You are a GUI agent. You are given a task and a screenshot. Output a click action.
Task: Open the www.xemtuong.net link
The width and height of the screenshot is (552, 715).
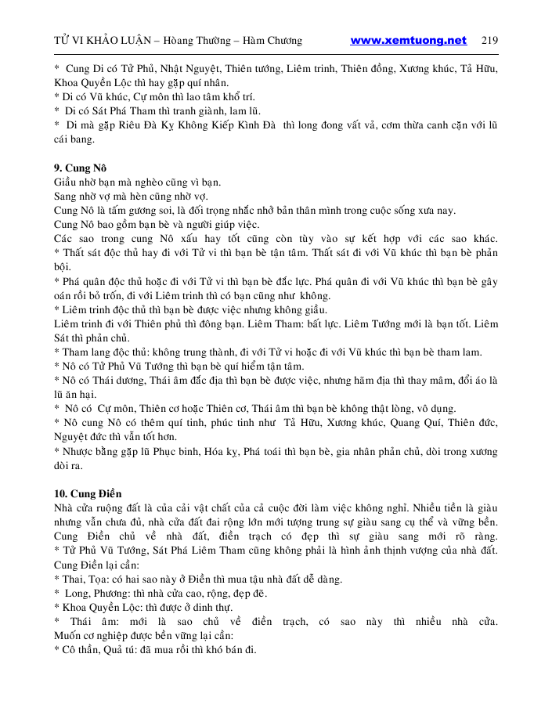click(408, 41)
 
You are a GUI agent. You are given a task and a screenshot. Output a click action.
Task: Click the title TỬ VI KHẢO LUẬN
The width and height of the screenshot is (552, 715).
click(98, 41)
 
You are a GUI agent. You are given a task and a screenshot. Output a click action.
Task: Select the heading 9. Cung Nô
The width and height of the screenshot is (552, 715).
click(80, 168)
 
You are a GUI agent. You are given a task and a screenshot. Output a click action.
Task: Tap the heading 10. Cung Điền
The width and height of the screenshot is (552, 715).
click(88, 493)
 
